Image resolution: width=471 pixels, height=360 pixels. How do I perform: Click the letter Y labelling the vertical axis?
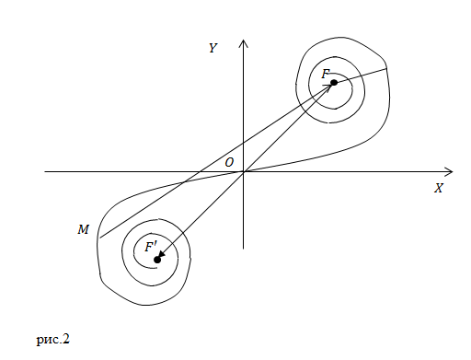pyautogui.click(x=213, y=48)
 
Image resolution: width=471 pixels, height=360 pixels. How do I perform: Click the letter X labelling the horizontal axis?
pyautogui.click(x=439, y=188)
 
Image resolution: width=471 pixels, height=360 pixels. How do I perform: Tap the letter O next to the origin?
pyautogui.click(x=229, y=162)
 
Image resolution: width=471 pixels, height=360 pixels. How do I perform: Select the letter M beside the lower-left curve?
pyautogui.click(x=83, y=229)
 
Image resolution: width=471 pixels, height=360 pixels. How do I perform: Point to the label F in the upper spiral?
pyautogui.click(x=325, y=74)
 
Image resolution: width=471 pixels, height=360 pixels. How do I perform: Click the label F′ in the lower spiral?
pyautogui.click(x=151, y=247)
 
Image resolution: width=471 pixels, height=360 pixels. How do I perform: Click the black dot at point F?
pyautogui.click(x=334, y=83)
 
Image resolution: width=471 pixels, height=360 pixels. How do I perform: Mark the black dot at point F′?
pyautogui.click(x=157, y=260)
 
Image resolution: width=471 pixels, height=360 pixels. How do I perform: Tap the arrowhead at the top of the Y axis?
pyautogui.click(x=244, y=43)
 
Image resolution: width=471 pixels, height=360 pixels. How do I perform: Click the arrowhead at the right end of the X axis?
pyautogui.click(x=449, y=172)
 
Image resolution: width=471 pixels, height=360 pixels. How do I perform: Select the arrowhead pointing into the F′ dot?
pyautogui.click(x=161, y=255)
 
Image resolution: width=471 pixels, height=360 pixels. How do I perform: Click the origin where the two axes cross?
pyautogui.click(x=244, y=172)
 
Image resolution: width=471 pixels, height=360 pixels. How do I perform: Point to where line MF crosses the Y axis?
pyautogui.click(x=244, y=143)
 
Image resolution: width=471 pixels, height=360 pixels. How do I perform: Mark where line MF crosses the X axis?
pyautogui.click(x=200, y=172)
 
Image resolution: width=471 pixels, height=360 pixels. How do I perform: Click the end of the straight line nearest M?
pyautogui.click(x=100, y=238)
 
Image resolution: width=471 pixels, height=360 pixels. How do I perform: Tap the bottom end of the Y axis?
pyautogui.click(x=244, y=249)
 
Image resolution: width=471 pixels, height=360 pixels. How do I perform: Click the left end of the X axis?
pyautogui.click(x=45, y=172)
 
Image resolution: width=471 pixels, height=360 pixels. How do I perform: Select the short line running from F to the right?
pyautogui.click(x=361, y=75)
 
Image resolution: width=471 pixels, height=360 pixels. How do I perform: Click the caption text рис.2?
pyautogui.click(x=53, y=340)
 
